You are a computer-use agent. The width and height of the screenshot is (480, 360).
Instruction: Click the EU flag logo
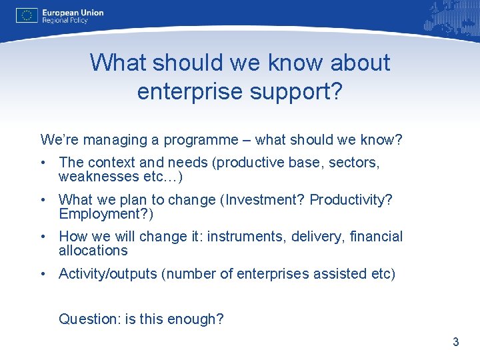coord(27,15)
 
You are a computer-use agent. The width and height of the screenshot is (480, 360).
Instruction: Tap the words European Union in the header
coord(73,12)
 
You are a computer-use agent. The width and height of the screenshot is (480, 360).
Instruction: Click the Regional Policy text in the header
coord(65,21)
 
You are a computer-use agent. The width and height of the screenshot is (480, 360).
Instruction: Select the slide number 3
coord(455,342)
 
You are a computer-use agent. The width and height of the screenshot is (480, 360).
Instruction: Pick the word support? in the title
coord(297,91)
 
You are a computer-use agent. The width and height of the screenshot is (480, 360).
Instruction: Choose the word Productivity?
coord(351,200)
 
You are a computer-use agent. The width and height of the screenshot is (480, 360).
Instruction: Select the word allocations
coord(93,251)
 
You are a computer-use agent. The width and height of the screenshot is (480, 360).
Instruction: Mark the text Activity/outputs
coord(107,274)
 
